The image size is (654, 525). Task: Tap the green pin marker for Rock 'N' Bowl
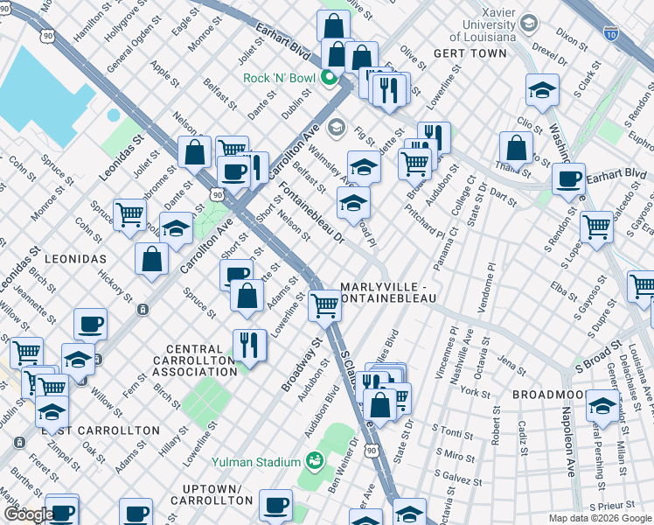pos(330,78)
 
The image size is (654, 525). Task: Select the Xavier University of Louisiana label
pos(483,28)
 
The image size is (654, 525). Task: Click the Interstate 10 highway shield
pos(609,34)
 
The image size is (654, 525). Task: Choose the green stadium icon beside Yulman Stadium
pos(313,460)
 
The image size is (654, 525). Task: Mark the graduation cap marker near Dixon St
pos(542,90)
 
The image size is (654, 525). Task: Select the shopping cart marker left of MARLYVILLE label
pos(324,305)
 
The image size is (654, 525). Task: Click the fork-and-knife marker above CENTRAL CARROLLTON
pos(250,345)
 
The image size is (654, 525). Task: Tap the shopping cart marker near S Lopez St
pos(596,227)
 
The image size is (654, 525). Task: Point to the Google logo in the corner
pos(28,514)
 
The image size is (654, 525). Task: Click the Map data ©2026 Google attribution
pos(600,518)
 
